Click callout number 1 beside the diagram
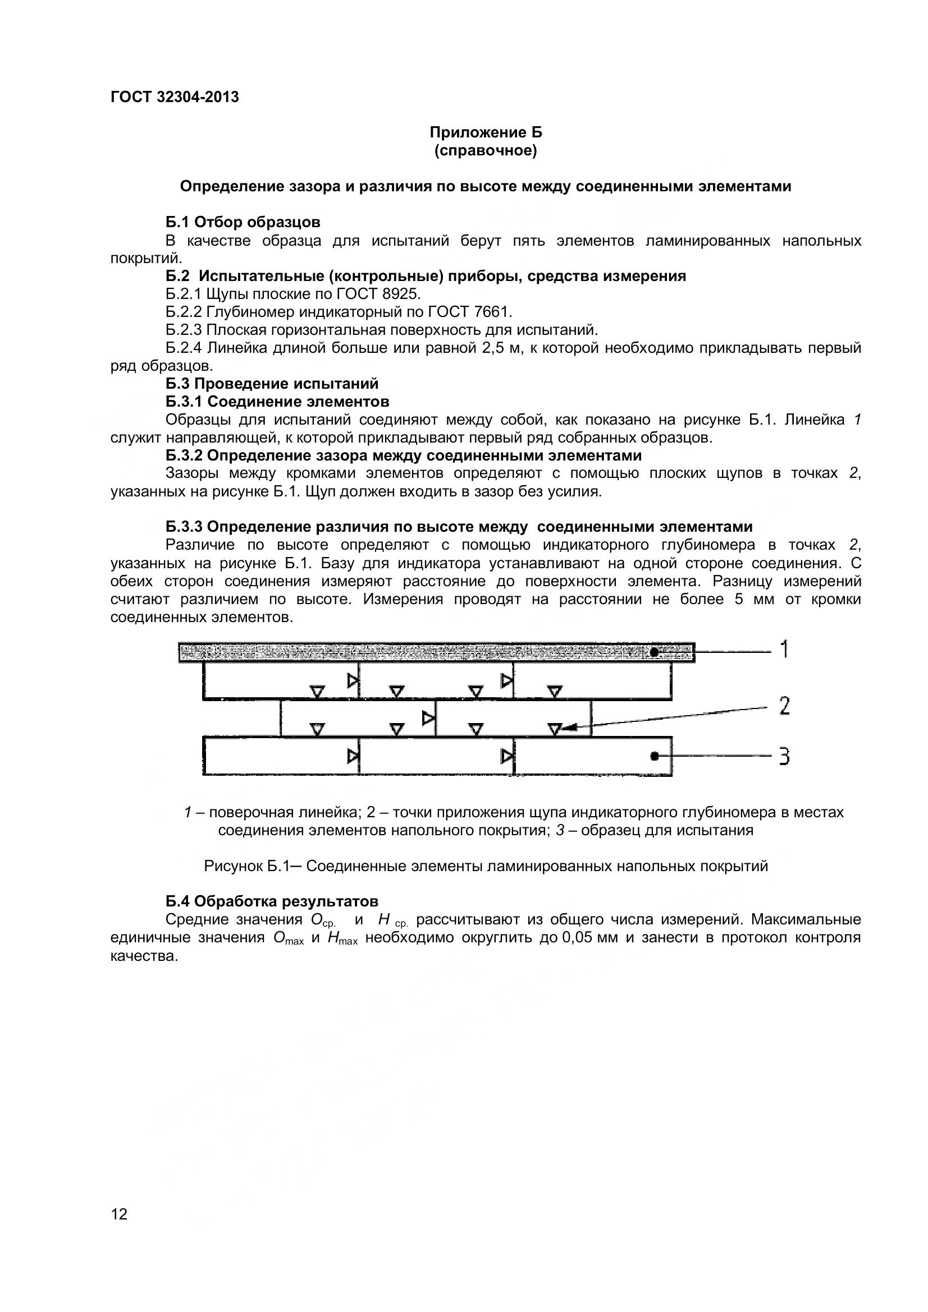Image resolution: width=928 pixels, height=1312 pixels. point(784,650)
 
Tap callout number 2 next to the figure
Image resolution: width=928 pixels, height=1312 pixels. point(784,706)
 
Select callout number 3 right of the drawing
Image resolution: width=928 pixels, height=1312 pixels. point(784,757)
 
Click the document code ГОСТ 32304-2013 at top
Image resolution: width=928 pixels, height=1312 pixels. point(175,97)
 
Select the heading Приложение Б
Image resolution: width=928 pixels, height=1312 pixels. point(486,132)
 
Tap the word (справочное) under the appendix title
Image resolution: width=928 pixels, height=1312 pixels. point(486,151)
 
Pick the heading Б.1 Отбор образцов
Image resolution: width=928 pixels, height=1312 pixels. point(243,222)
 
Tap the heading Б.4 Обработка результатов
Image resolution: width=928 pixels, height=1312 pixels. point(272,901)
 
